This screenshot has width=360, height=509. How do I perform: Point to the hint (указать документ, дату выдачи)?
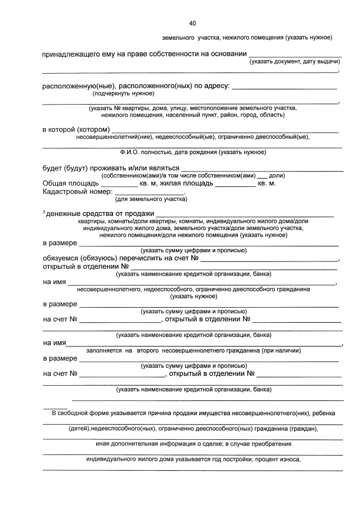[295, 61]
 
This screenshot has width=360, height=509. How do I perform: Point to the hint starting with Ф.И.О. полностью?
[193, 152]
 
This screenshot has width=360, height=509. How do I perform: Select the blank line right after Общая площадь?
[119, 184]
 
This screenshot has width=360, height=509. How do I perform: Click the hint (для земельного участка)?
[151, 199]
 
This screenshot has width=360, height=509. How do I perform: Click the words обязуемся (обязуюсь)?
[83, 258]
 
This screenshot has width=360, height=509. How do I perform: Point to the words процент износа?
[277, 459]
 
